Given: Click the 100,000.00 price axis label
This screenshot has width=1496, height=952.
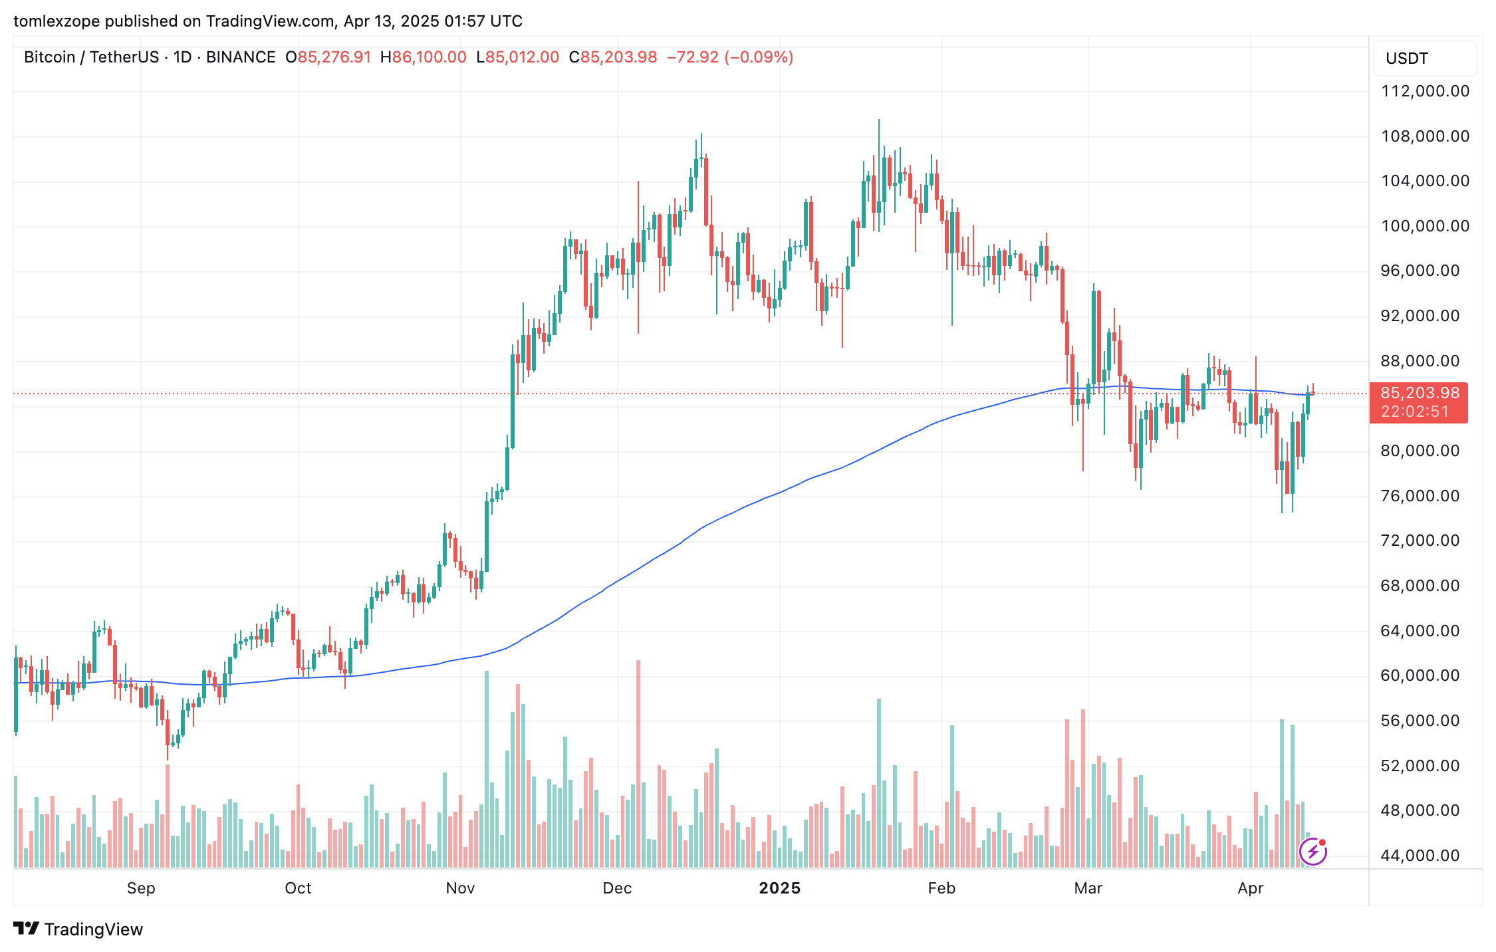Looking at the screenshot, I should (x=1425, y=226).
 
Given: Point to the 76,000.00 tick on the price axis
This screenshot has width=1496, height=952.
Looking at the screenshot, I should (x=1420, y=496).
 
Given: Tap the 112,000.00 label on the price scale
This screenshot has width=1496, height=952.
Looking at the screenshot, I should (x=1425, y=91).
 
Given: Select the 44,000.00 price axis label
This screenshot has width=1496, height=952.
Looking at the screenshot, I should (x=1420, y=856).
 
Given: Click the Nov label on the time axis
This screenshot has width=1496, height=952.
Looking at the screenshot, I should (x=460, y=888).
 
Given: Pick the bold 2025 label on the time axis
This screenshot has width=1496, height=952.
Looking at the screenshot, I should (x=779, y=888).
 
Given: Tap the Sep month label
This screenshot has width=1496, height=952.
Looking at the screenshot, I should (x=141, y=888).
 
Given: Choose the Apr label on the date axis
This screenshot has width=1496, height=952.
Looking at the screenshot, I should (x=1250, y=888).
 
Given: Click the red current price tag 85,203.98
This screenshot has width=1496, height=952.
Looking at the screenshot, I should (x=1420, y=393).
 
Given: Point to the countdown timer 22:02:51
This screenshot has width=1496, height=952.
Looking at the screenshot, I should (x=1415, y=412).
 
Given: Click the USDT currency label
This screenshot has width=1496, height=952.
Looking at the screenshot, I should (x=1406, y=59).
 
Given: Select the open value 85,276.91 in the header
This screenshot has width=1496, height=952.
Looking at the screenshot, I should (x=334, y=57).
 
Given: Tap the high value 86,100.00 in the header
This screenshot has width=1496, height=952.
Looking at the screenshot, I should (x=429, y=57).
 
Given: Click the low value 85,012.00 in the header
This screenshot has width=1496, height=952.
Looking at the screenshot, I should (x=522, y=57).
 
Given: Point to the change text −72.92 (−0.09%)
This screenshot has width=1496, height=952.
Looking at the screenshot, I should (x=729, y=57).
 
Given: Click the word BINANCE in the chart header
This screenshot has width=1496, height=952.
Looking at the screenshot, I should (x=241, y=57).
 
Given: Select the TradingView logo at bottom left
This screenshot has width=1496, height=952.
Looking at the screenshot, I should (x=78, y=929).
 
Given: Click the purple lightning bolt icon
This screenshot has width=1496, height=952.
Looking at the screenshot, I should (x=1312, y=852).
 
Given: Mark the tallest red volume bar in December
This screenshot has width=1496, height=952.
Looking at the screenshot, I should (x=638, y=765).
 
